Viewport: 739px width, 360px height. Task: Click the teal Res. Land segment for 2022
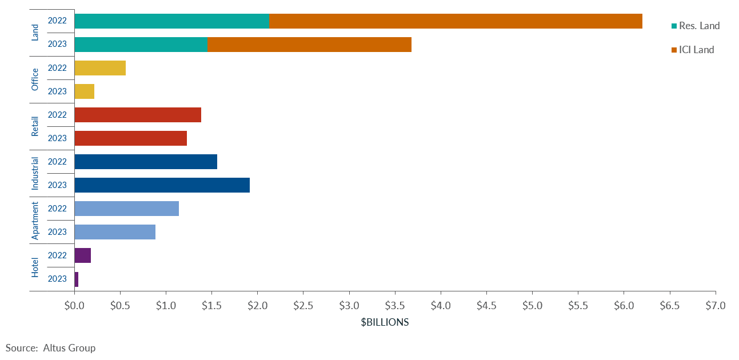click(x=171, y=21)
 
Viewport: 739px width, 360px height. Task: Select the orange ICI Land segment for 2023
click(x=309, y=45)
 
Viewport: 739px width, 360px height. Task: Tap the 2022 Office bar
click(x=100, y=68)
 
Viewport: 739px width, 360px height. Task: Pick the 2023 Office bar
click(x=84, y=91)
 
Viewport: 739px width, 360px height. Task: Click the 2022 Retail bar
click(x=138, y=115)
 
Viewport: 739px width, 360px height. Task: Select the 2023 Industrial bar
click(x=162, y=185)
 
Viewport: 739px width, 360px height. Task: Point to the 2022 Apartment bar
click(x=126, y=209)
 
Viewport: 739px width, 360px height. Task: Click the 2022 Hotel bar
click(x=82, y=255)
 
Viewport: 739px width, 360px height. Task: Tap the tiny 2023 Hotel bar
click(x=76, y=279)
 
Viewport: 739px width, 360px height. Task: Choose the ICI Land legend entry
click(x=696, y=50)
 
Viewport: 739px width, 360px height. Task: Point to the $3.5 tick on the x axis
click(x=395, y=306)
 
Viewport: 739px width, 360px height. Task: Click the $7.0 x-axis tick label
click(x=715, y=306)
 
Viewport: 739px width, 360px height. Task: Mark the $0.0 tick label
click(x=74, y=306)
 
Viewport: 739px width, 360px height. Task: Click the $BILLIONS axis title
click(x=385, y=322)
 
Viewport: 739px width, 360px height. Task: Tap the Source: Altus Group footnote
click(x=50, y=347)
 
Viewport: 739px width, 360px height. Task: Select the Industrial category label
click(x=35, y=173)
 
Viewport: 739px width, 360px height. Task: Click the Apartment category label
click(x=35, y=220)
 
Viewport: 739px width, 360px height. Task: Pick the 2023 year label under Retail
click(x=57, y=138)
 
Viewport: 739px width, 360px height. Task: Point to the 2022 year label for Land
click(x=57, y=21)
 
